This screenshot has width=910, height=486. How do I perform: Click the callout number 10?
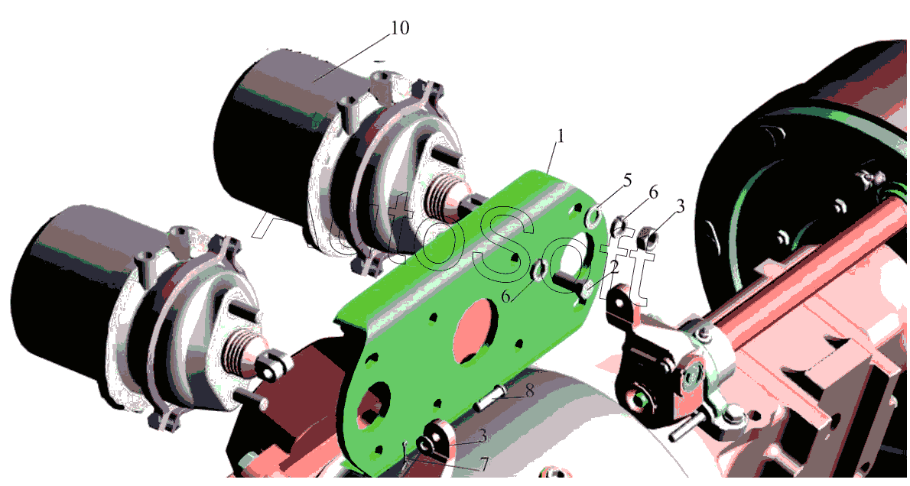(x=399, y=28)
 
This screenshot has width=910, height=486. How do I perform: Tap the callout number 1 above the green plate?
(x=560, y=135)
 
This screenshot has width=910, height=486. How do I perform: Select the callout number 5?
(x=627, y=180)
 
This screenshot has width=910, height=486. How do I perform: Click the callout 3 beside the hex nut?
(x=681, y=206)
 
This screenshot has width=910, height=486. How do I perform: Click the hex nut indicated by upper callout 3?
(x=648, y=237)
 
